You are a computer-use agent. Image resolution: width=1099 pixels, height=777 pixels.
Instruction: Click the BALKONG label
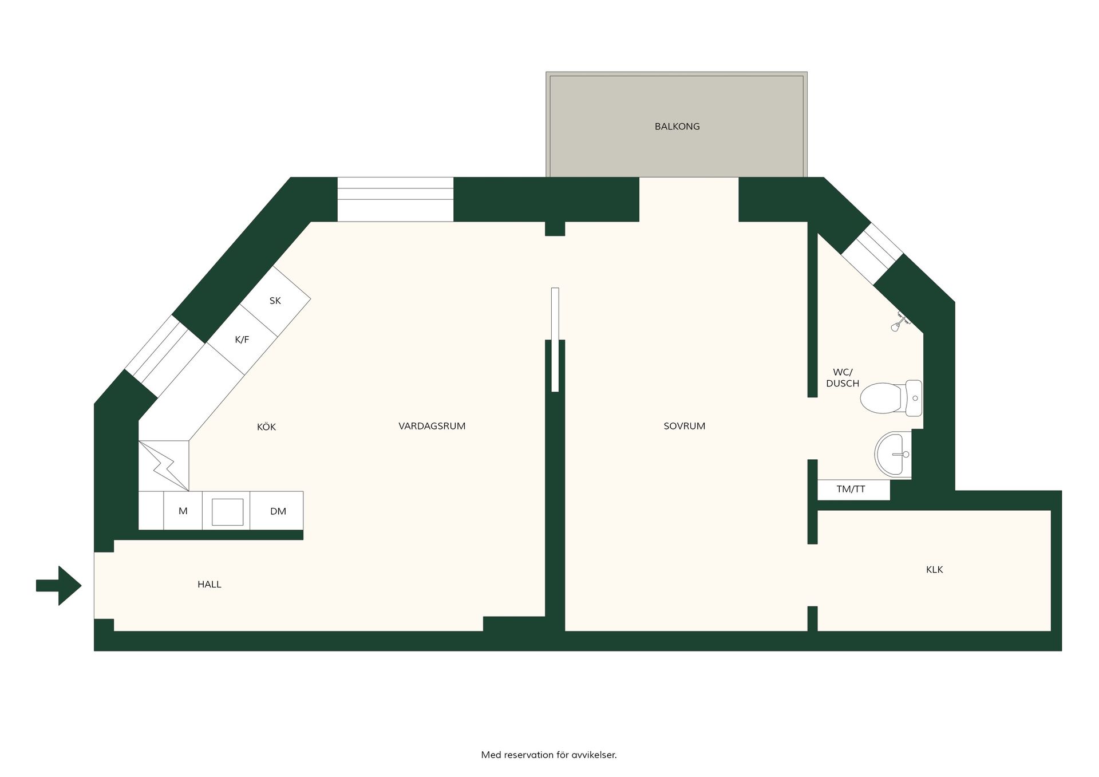click(x=677, y=127)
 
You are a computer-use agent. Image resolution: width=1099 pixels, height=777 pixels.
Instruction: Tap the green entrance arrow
click(x=59, y=585)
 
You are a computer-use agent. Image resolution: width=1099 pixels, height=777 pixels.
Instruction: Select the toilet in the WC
click(x=891, y=398)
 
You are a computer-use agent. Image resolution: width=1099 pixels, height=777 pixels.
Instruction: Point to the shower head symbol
click(x=899, y=322)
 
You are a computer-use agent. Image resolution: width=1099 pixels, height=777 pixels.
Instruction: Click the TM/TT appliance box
click(x=853, y=490)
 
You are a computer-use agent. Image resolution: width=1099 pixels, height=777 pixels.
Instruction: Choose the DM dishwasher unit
click(x=277, y=511)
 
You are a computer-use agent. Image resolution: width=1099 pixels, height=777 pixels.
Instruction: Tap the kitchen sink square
click(x=227, y=511)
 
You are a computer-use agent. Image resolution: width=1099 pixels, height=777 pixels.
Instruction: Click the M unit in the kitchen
click(x=183, y=511)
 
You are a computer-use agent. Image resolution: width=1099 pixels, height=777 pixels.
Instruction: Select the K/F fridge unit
click(x=242, y=340)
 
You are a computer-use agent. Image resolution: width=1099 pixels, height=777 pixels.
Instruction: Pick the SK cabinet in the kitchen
click(x=275, y=301)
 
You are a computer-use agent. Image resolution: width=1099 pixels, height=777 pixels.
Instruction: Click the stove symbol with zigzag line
click(x=164, y=466)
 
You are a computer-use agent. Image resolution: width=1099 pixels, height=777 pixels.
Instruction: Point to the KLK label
click(x=934, y=570)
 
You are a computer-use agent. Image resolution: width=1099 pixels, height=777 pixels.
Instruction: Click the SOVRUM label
click(x=684, y=426)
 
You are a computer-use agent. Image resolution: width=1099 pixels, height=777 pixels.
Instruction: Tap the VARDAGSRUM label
click(x=432, y=426)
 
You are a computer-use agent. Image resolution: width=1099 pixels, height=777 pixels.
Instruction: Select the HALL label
click(x=209, y=585)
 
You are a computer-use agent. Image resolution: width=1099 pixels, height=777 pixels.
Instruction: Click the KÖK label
click(x=267, y=427)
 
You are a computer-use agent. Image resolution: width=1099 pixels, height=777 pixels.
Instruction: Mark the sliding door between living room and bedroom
click(x=555, y=340)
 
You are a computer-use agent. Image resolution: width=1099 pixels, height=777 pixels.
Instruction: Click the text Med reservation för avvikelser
click(x=549, y=755)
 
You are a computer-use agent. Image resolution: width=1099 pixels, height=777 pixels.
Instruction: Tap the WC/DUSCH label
click(x=843, y=378)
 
